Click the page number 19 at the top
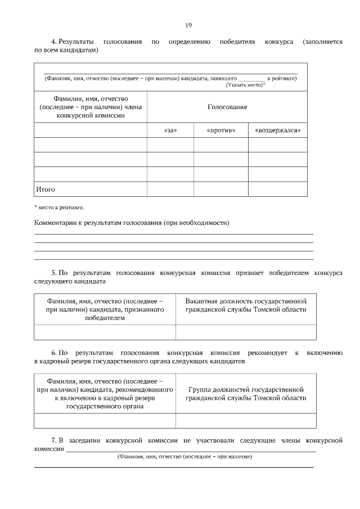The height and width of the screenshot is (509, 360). [x=189, y=25]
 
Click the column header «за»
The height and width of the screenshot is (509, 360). [x=170, y=130]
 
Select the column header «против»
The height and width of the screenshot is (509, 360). [x=221, y=130]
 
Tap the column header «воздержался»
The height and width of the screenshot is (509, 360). [x=278, y=130]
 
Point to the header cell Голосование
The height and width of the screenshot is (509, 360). [x=227, y=107]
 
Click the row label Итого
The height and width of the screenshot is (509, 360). [x=46, y=190]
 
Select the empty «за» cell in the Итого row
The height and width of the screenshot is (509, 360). [x=170, y=190]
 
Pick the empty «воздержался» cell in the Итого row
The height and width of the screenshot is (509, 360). [x=278, y=190]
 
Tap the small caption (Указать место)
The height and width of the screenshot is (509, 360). [x=245, y=84]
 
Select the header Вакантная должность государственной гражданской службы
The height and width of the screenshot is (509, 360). [x=246, y=305]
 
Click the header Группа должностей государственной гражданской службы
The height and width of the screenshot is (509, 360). [x=246, y=394]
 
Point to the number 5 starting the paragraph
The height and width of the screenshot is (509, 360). [x=53, y=272]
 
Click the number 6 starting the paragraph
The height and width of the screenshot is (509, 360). [x=53, y=353]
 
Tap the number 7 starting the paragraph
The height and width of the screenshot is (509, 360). [x=53, y=440]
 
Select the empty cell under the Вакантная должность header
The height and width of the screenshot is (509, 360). [x=246, y=332]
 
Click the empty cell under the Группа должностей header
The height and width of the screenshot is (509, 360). [x=246, y=421]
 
